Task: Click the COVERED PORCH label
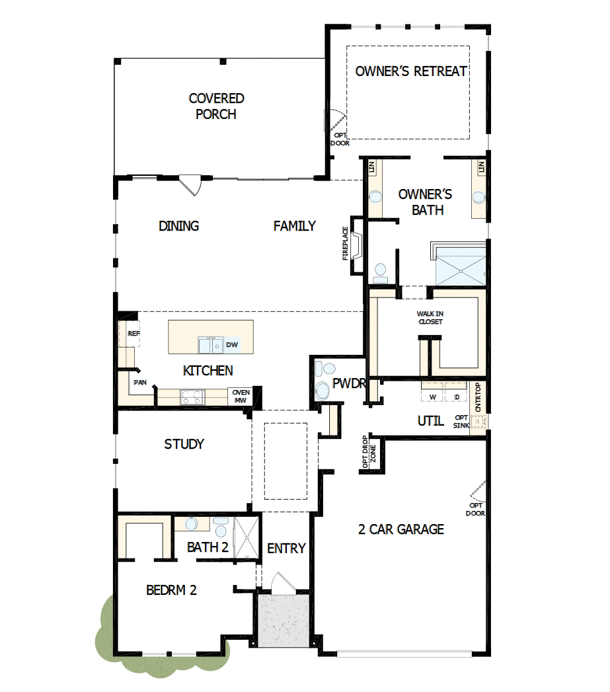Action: pos(216,106)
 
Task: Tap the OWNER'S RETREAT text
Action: pos(411,71)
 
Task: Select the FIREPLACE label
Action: pos(345,243)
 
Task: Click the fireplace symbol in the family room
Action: pos(357,245)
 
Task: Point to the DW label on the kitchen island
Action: pos(231,345)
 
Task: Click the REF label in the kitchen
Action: pos(133,334)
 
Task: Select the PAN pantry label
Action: pos(139,382)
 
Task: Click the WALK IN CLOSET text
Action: pos(430,318)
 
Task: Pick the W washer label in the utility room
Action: pos(434,397)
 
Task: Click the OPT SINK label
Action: pos(461,422)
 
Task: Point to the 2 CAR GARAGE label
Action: pos(401,529)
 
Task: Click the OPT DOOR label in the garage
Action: pos(475,510)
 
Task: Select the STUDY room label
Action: pos(184,444)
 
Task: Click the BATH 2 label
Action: pos(208,547)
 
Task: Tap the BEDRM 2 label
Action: pos(171,590)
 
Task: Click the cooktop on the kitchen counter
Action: pos(193,397)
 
